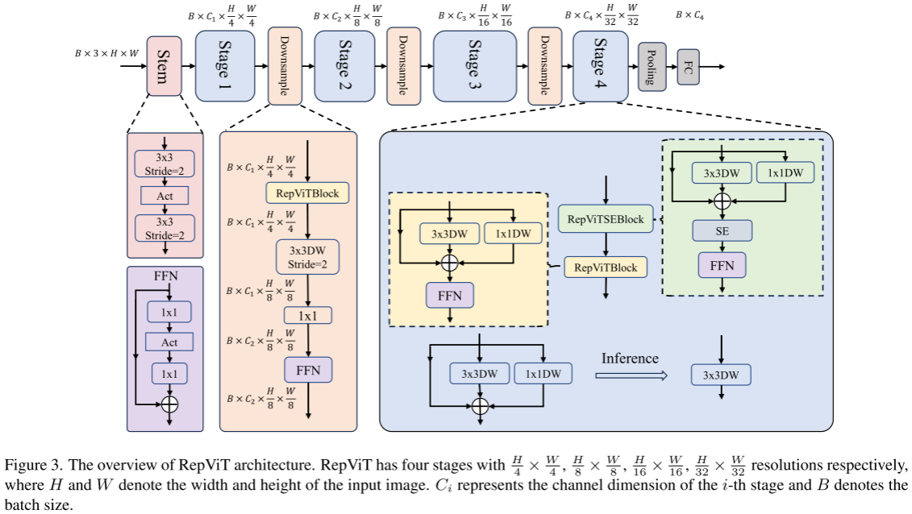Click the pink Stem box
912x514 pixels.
[164, 66]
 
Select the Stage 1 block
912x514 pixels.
[223, 66]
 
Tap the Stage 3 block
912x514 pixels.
[473, 66]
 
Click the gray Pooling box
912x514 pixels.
[652, 66]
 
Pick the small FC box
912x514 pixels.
[689, 66]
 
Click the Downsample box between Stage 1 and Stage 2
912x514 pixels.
[284, 66]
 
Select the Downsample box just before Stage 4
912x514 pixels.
[544, 66]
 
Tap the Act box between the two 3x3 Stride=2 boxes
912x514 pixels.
[164, 195]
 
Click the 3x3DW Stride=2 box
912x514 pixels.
[307, 257]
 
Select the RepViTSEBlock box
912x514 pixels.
[606, 219]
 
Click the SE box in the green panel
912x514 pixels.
[722, 231]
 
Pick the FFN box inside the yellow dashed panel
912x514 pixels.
[450, 296]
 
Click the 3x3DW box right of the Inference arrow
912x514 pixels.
[722, 375]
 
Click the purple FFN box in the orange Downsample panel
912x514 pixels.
[307, 370]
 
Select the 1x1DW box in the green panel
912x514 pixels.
[785, 172]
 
